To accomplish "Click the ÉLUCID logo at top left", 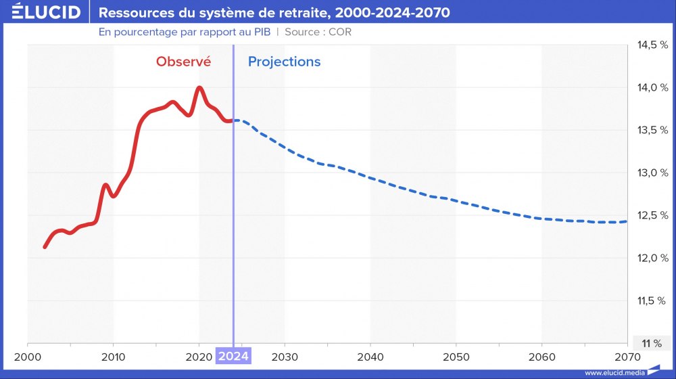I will pyautogui.click(x=41, y=12).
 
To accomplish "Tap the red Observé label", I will pyautogui.click(x=183, y=62).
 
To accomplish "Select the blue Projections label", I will pyautogui.click(x=284, y=62).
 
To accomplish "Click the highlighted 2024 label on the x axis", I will pyautogui.click(x=233, y=357).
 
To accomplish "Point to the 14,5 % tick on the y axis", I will pyautogui.click(x=652, y=45).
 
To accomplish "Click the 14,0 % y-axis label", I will pyautogui.click(x=652, y=87).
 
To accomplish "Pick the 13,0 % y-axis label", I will pyautogui.click(x=652, y=173).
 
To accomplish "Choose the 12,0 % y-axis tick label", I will pyautogui.click(x=652, y=258).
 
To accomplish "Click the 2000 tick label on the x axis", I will pyautogui.click(x=28, y=357).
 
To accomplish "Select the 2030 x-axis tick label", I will pyautogui.click(x=285, y=357).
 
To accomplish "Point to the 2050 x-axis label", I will pyautogui.click(x=456, y=357).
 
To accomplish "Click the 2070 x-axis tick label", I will pyautogui.click(x=627, y=357).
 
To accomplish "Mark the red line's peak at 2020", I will pyautogui.click(x=199, y=87).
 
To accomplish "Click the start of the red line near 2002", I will pyautogui.click(x=45, y=247).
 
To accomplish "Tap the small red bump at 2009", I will pyautogui.click(x=105, y=184).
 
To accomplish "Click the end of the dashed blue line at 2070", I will pyautogui.click(x=626, y=221).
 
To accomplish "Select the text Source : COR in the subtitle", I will pyautogui.click(x=318, y=32).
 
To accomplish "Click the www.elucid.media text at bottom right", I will pyautogui.click(x=614, y=372).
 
